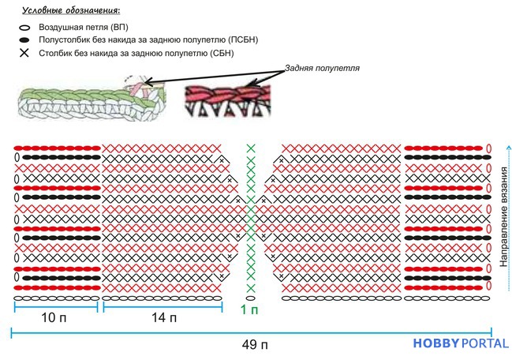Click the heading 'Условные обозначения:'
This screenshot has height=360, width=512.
[x=71, y=10]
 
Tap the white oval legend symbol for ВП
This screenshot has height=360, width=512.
[x=24, y=28]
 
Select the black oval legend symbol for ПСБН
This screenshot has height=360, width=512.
[x=24, y=40]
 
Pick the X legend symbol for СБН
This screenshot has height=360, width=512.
[x=24, y=53]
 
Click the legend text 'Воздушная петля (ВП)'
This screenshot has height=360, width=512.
[x=84, y=27]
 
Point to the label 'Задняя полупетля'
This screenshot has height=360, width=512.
[x=322, y=68]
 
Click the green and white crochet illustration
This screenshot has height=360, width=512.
[x=92, y=98]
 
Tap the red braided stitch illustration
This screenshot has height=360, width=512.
[x=228, y=101]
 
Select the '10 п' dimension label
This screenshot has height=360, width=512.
[x=54, y=317]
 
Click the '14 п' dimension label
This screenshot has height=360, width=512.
[x=164, y=317]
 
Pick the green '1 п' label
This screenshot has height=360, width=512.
[x=249, y=309]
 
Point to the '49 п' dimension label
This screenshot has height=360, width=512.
[x=255, y=345]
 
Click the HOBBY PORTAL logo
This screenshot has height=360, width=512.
[x=461, y=343]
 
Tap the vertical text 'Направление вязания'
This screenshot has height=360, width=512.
[x=504, y=217]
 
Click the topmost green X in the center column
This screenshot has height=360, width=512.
[x=251, y=148]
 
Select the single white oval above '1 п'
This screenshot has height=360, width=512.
[x=250, y=298]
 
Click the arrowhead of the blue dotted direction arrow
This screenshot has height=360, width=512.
[x=509, y=148]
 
